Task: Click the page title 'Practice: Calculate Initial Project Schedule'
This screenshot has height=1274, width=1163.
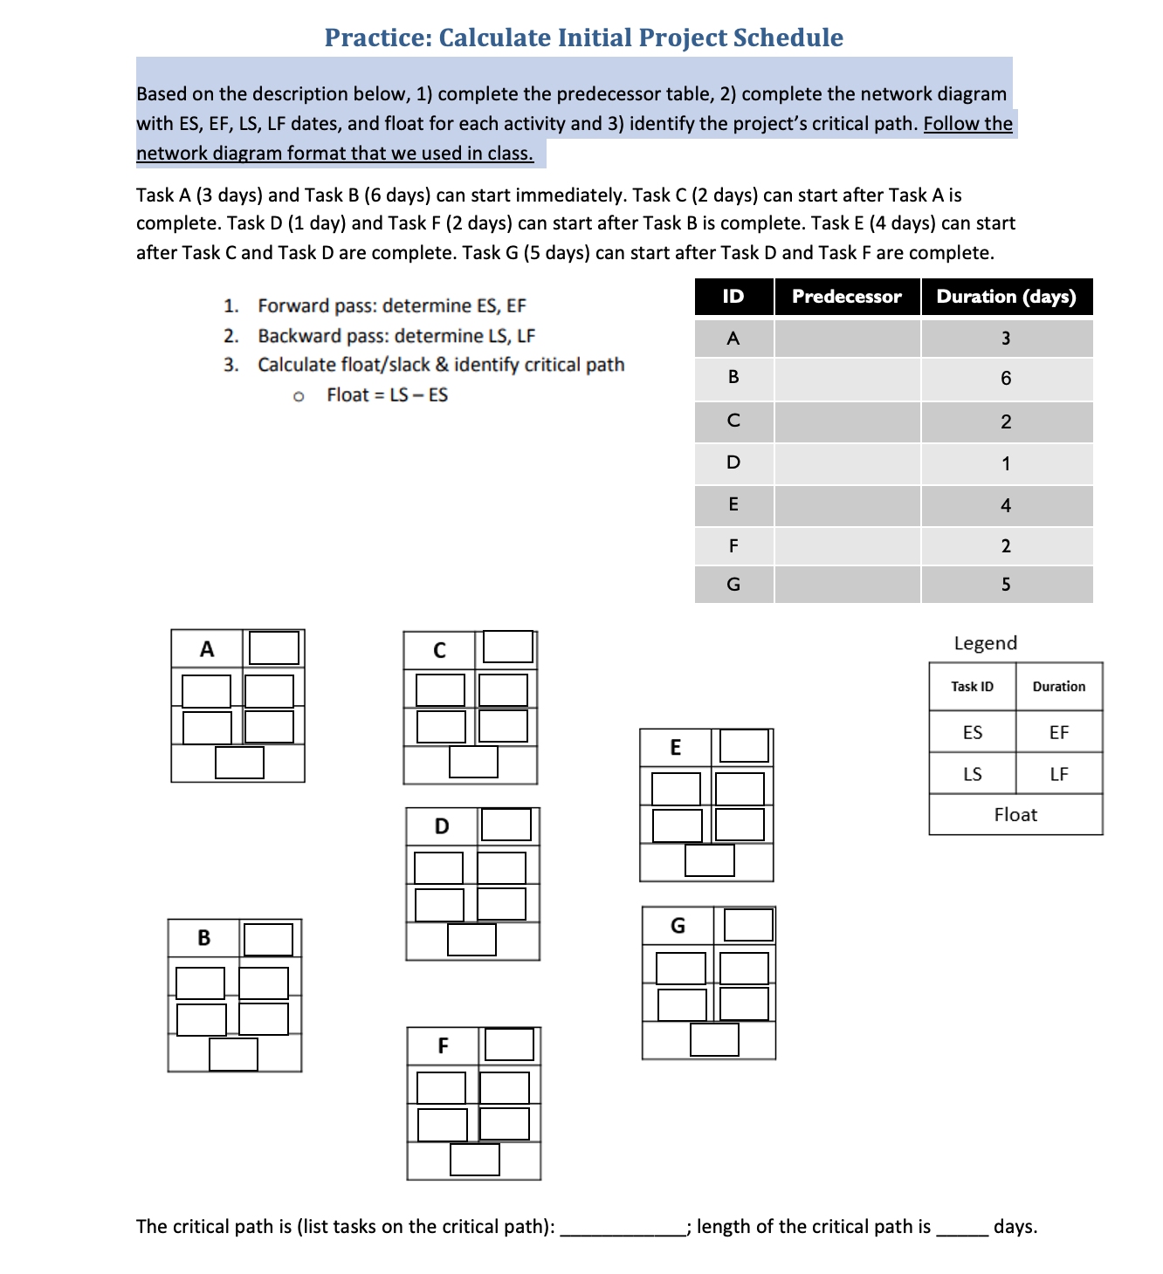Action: (x=583, y=38)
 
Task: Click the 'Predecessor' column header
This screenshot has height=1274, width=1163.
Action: (x=846, y=297)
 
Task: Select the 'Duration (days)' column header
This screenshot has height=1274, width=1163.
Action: (x=1006, y=297)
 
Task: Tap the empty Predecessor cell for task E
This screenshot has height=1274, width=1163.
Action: (x=847, y=505)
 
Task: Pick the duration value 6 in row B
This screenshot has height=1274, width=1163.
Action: (x=1006, y=379)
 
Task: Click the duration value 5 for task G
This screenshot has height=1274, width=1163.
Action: (x=1006, y=585)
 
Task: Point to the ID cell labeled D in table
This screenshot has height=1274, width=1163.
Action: (x=733, y=462)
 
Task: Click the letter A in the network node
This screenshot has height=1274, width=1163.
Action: (x=207, y=649)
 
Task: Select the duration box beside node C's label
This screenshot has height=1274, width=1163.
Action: (x=508, y=647)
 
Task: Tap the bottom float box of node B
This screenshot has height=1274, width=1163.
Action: (x=233, y=1054)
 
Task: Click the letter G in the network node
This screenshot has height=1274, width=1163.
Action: (x=678, y=926)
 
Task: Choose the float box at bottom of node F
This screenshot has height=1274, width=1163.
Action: (x=475, y=1160)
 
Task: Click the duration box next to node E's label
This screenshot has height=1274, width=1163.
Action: (x=744, y=746)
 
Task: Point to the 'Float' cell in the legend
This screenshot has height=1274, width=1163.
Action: (x=1015, y=815)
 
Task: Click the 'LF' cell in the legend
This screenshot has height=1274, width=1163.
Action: (x=1059, y=774)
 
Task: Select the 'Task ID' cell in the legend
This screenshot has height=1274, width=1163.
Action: (x=972, y=687)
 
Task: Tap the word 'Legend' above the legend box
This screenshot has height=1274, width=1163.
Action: (x=985, y=643)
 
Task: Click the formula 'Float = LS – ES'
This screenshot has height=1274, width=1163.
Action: (x=387, y=395)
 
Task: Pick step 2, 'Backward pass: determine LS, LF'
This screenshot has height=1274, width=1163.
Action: (x=396, y=336)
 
